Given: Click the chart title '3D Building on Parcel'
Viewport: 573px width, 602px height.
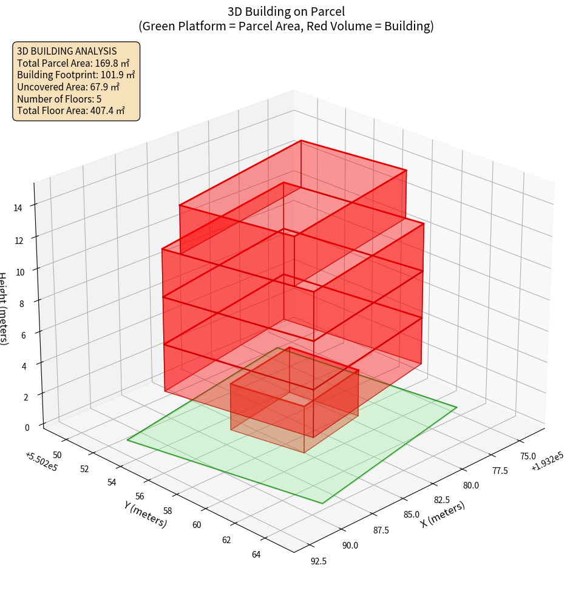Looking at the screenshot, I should click(286, 11).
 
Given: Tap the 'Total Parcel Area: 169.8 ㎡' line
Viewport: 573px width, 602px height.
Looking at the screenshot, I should click(73, 63).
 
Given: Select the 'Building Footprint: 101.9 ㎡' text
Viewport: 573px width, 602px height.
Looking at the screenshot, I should click(76, 75).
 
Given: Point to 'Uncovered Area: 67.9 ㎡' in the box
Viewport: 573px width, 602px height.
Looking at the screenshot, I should click(68, 87).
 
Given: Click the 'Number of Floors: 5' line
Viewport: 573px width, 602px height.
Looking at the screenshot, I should click(59, 99).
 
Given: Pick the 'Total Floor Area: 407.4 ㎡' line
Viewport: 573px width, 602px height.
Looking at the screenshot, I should click(71, 110).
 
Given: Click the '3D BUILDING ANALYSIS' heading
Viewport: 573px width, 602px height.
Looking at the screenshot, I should click(67, 51).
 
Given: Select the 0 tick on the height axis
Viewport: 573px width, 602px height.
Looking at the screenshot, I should click(28, 427).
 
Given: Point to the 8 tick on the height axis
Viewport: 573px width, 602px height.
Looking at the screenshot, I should click(22, 303).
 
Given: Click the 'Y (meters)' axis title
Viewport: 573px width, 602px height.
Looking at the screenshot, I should click(145, 513).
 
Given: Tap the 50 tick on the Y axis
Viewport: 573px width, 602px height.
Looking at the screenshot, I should click(58, 455).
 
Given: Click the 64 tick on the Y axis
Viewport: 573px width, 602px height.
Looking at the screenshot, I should click(256, 553).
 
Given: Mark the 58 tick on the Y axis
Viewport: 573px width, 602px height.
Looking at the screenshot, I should click(168, 511).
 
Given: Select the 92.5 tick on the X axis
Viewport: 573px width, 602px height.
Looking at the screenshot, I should click(319, 561).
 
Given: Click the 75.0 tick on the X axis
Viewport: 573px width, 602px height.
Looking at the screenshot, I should click(527, 456).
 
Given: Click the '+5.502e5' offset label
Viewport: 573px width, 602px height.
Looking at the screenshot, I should click(41, 460).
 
